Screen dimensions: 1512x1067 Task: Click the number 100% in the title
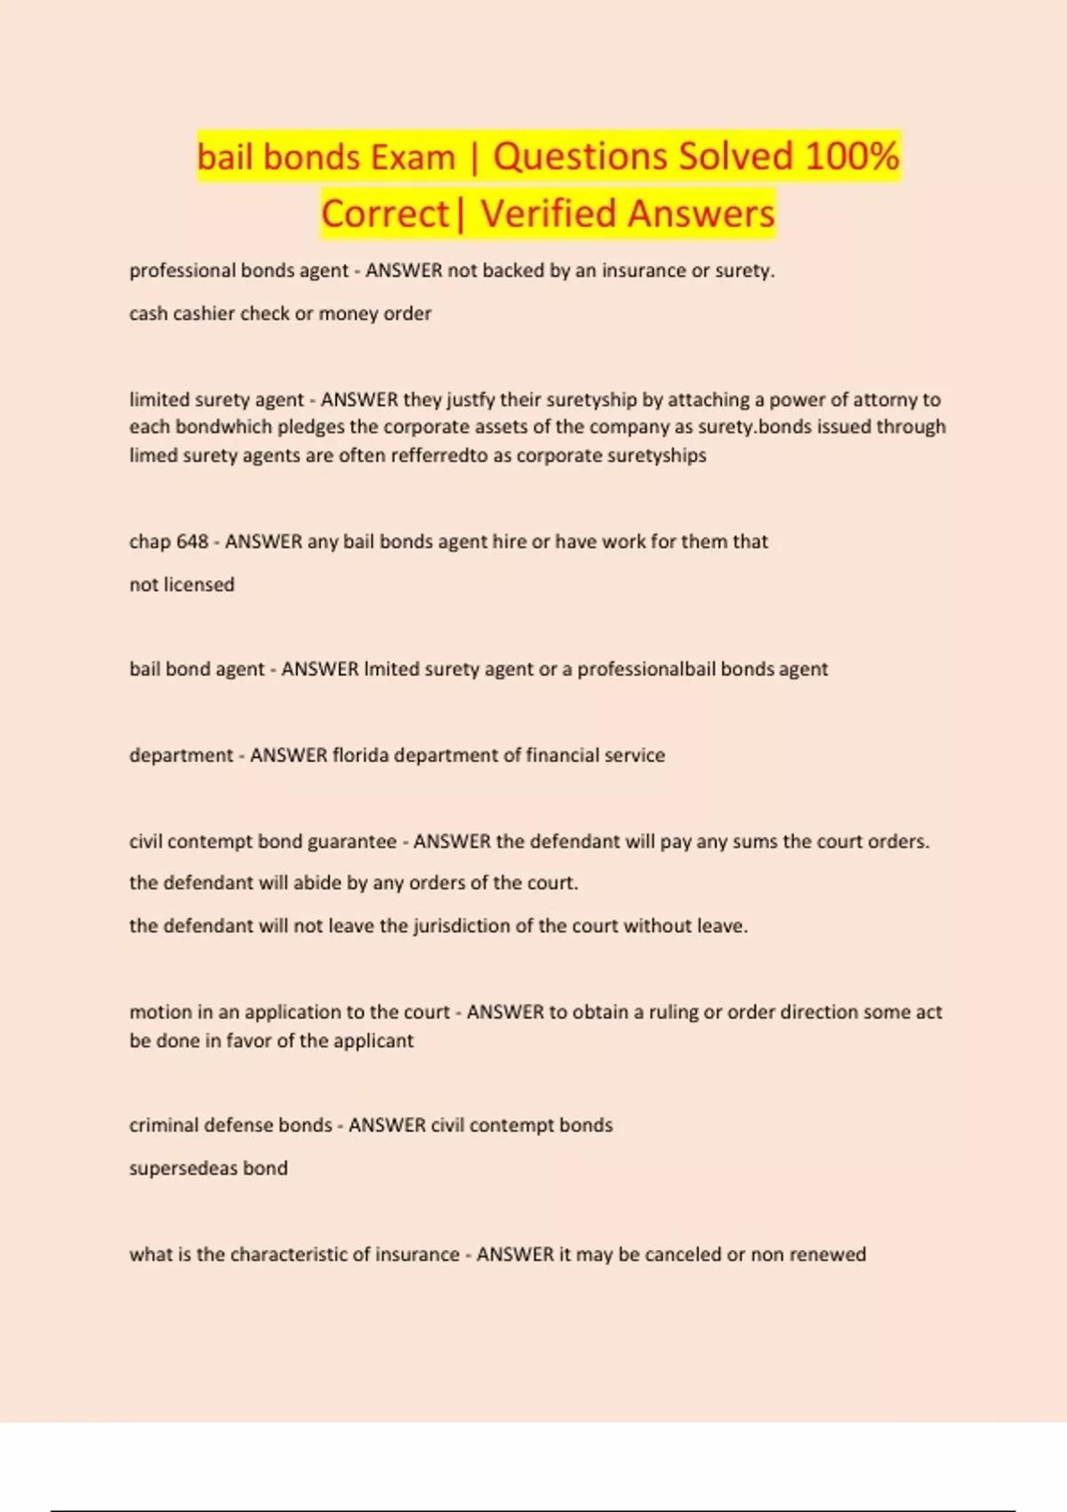tap(852, 157)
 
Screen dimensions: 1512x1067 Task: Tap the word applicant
tap(376, 1041)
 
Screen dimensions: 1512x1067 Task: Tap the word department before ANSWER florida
tap(181, 755)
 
